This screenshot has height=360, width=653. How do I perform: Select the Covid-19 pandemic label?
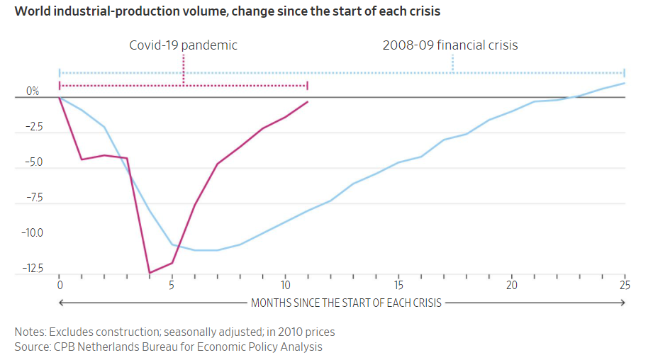pyautogui.click(x=183, y=45)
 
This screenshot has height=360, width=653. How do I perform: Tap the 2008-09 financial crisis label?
pyautogui.click(x=450, y=45)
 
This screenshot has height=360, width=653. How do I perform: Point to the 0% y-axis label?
pyautogui.click(x=33, y=91)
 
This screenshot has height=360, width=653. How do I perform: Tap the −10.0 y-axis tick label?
pyautogui.click(x=33, y=233)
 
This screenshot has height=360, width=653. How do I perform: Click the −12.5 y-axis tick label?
pyautogui.click(x=33, y=269)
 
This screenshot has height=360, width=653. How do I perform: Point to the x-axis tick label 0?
pyautogui.click(x=60, y=286)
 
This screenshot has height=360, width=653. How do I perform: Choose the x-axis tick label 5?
pyautogui.click(x=172, y=286)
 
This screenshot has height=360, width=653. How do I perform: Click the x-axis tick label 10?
pyautogui.click(x=285, y=286)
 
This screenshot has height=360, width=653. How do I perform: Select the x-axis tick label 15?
pyautogui.click(x=398, y=286)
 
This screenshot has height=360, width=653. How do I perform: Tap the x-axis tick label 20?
pyautogui.click(x=511, y=286)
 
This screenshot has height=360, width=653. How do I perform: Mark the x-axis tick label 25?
pyautogui.click(x=624, y=286)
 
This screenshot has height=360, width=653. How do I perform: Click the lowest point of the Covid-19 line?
pyautogui.click(x=150, y=273)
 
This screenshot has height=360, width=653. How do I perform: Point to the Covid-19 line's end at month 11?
pyautogui.click(x=308, y=101)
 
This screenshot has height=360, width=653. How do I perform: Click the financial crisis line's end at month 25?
pyautogui.click(x=624, y=83)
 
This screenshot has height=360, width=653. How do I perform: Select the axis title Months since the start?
pyautogui.click(x=346, y=303)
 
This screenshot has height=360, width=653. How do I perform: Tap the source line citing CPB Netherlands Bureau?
pyautogui.click(x=168, y=347)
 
